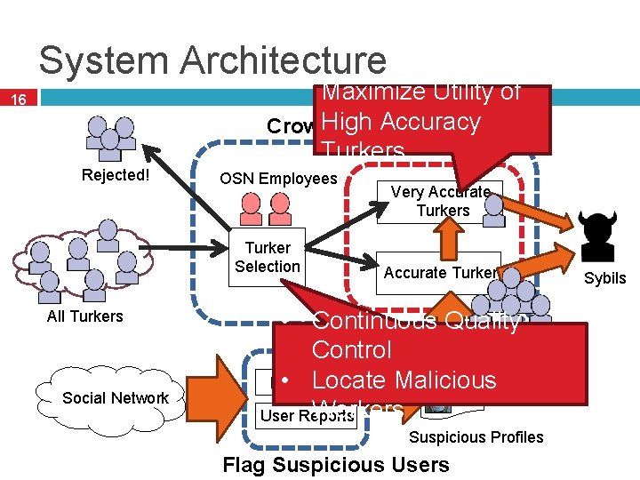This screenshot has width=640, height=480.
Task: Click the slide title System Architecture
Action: coord(212,60)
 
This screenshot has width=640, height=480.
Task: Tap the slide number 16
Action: coord(19,100)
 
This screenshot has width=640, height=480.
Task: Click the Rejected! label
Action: coord(116,175)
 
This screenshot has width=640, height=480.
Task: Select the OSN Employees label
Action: coord(278,179)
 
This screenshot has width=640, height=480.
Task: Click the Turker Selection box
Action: coord(267,257)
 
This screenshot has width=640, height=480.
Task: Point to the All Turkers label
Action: coord(85,316)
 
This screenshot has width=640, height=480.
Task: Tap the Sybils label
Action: coord(604,278)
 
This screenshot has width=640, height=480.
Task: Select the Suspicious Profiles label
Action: coord(476,437)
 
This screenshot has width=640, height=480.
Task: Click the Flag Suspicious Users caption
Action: coord(336,465)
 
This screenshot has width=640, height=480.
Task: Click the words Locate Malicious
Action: coord(404,380)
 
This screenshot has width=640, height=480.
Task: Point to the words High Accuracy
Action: coord(402,122)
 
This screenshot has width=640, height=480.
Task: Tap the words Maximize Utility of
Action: coord(421,92)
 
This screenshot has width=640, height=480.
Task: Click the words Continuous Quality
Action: coord(416,321)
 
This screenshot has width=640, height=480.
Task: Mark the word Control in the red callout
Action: coord(351,350)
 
